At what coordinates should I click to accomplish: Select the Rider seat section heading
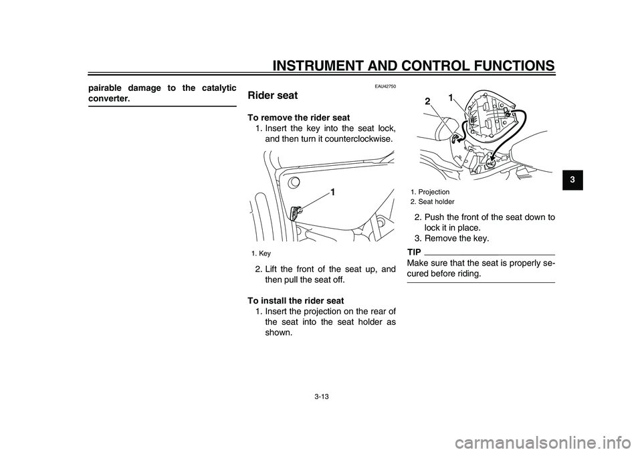pyautogui.click(x=273, y=96)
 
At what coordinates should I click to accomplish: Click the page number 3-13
pyautogui.click(x=320, y=396)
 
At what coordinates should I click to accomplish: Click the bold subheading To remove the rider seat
pyautogui.click(x=298, y=118)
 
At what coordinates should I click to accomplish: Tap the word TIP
pyautogui.click(x=414, y=252)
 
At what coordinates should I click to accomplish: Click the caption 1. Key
pyautogui.click(x=261, y=253)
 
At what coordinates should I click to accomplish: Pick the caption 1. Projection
pyautogui.click(x=430, y=192)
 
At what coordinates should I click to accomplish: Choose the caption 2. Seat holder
pyautogui.click(x=432, y=201)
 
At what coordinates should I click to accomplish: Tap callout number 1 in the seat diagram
pyautogui.click(x=451, y=98)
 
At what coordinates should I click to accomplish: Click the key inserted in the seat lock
pyautogui.click(x=296, y=213)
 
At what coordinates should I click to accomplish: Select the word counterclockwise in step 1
pyautogui.click(x=359, y=140)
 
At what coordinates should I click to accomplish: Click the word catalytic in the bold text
pyautogui.click(x=212, y=88)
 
